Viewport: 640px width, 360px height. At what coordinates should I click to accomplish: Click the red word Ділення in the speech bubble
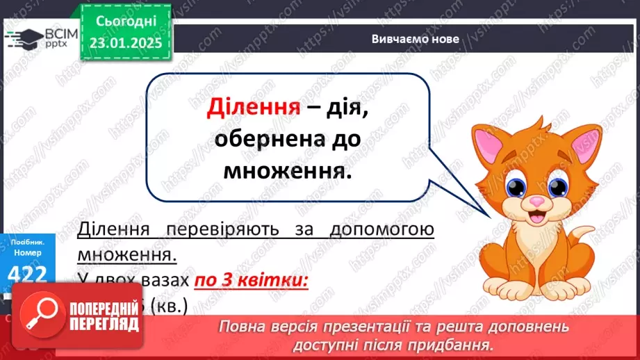(x=254, y=109)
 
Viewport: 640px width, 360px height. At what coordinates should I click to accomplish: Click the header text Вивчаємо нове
(x=415, y=39)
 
